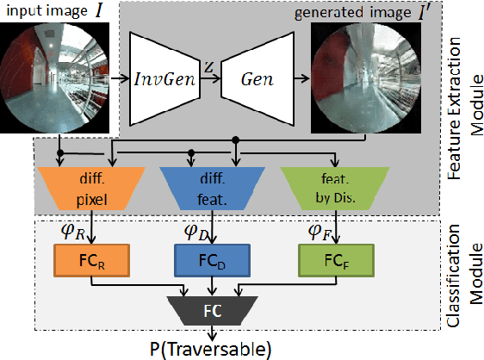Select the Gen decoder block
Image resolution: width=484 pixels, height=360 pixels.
tap(256, 78)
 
